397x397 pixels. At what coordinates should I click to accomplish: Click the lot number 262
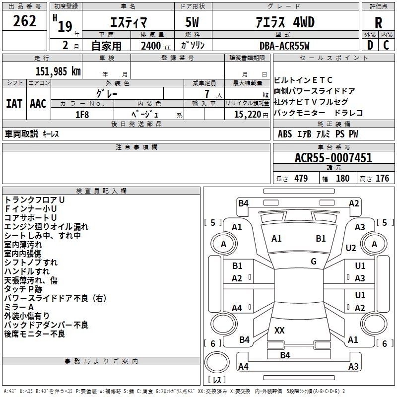(25, 21)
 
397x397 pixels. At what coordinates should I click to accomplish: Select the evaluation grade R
(378, 23)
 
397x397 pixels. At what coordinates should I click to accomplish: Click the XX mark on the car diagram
(279, 330)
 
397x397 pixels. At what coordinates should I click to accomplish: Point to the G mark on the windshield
(314, 262)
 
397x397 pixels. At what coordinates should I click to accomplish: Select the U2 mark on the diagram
(351, 248)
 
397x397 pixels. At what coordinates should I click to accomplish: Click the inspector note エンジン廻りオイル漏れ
(46, 227)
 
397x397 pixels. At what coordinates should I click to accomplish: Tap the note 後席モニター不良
(34, 334)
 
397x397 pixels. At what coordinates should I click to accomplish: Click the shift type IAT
(14, 104)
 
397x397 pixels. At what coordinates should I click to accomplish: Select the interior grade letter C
(387, 45)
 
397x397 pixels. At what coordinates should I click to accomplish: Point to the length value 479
(298, 178)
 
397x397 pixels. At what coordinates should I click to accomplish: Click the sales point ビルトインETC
(303, 80)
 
